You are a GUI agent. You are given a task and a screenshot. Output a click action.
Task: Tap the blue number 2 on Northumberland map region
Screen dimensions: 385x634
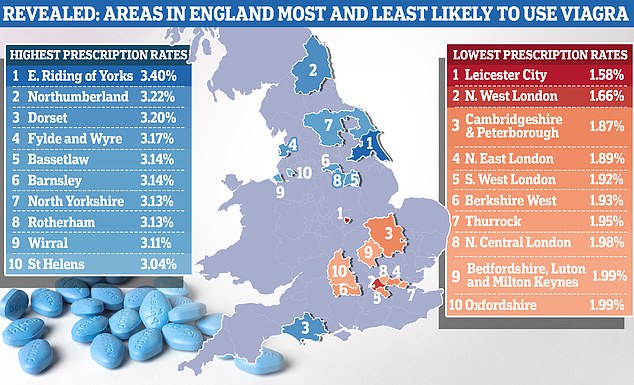(x=313, y=69)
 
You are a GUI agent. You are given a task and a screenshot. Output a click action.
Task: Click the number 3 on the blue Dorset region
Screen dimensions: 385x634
(x=303, y=327)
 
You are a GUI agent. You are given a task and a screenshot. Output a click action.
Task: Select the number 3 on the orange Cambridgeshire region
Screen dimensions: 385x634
(x=387, y=233)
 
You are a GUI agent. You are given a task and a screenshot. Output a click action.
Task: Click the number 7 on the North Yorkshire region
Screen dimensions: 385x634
(x=328, y=124)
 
